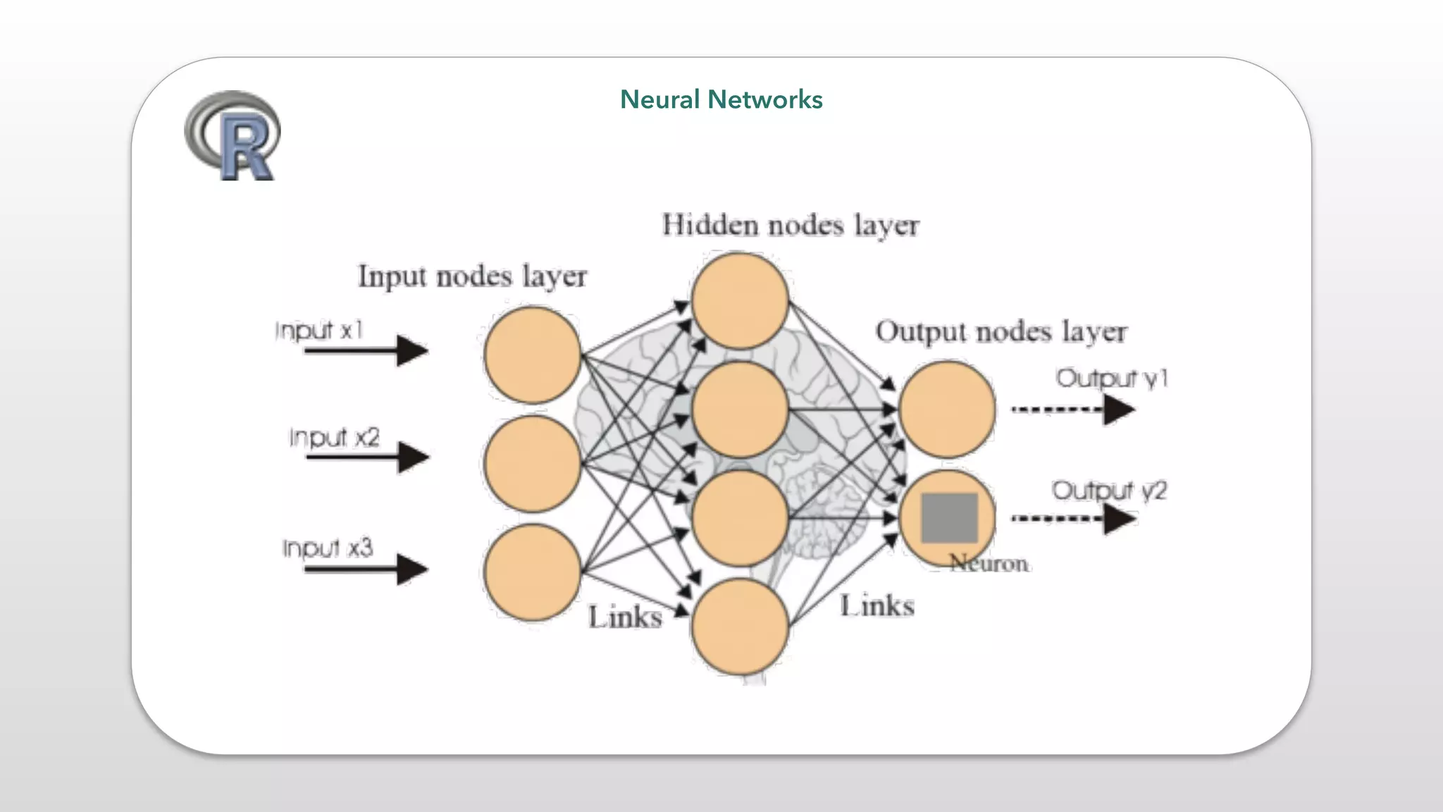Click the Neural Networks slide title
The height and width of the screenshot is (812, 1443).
[x=721, y=99]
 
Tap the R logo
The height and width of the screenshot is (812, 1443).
[x=233, y=135]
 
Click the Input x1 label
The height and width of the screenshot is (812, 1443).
[x=319, y=329]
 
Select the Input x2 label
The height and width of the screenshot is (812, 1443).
[x=334, y=437]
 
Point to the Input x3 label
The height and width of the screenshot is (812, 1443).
[x=328, y=548]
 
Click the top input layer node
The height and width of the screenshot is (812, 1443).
[x=532, y=355]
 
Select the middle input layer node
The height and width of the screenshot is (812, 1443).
[x=532, y=463]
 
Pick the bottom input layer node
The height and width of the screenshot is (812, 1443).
[x=532, y=572]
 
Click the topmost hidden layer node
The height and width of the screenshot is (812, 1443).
[x=739, y=301]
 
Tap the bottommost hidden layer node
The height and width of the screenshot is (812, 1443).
[x=739, y=627]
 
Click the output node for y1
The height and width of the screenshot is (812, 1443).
[x=947, y=409]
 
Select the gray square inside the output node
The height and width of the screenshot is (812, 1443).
[x=949, y=517]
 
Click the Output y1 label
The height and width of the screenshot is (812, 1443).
[x=1112, y=379]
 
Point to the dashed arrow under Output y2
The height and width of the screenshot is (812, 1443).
[x=1073, y=519]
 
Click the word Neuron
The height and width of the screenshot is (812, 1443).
[x=989, y=563]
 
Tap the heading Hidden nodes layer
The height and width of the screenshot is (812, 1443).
[x=790, y=226]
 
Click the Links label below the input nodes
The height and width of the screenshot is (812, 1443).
[x=625, y=617]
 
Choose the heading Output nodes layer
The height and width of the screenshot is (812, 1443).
[x=1001, y=331]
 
